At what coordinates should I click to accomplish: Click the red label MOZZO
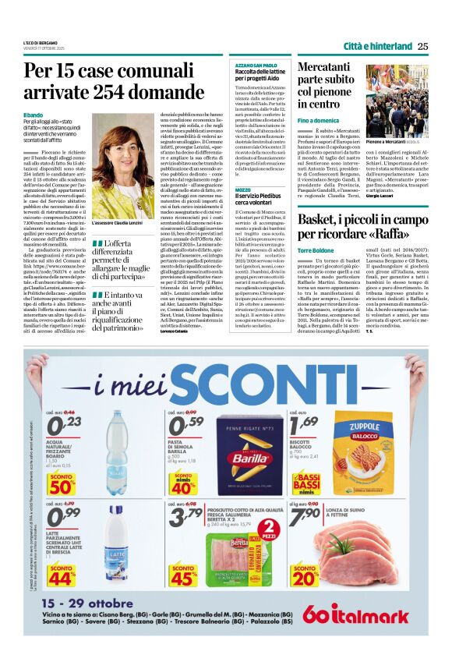point(243,189)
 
